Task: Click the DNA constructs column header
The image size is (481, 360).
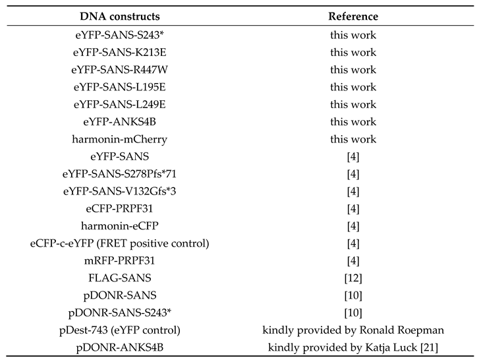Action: [x=120, y=16]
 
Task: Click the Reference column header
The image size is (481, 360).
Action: [x=353, y=16]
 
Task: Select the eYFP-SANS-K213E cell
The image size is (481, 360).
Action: [x=120, y=52]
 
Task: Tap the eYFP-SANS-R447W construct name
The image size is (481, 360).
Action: [x=120, y=69]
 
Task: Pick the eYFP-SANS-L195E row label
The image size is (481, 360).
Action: [x=120, y=87]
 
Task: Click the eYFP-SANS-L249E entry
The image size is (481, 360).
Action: [x=120, y=104]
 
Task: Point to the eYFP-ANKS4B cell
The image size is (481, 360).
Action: [x=120, y=121]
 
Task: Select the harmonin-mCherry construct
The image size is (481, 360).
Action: [x=120, y=139]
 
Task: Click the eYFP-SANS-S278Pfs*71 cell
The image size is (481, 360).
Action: [x=120, y=174]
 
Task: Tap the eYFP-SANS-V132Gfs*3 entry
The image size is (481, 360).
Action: [x=120, y=191]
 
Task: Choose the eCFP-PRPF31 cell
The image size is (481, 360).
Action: [x=120, y=209]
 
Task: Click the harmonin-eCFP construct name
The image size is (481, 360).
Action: [x=120, y=226]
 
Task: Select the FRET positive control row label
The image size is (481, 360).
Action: [x=120, y=243]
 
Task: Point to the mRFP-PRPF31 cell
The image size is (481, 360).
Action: [x=120, y=261]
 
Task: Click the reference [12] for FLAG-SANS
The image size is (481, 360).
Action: [x=353, y=278]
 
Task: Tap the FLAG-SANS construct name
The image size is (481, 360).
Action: [x=120, y=278]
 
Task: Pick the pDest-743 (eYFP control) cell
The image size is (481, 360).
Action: [x=120, y=330]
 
